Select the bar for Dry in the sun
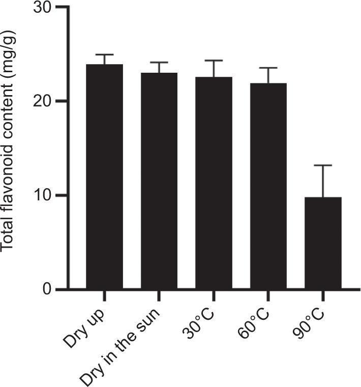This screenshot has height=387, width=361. click(159, 181)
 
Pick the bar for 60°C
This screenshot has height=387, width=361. click(268, 186)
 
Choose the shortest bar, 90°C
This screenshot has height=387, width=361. click(323, 243)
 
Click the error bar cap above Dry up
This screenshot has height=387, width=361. click(104, 54)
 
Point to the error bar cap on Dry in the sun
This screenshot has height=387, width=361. click(159, 63)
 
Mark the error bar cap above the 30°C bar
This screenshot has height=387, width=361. click(214, 61)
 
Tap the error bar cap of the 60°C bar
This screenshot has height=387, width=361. click(268, 68)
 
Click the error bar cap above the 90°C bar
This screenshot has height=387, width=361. click(323, 165)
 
